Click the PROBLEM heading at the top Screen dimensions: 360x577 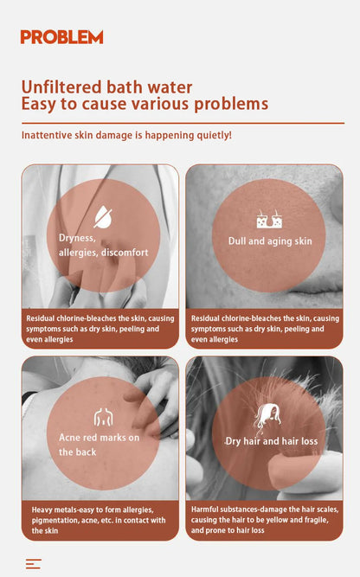[61, 37]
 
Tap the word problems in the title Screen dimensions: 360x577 [231, 104]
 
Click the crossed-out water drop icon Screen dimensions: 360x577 [103, 217]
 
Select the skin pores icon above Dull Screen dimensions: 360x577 [269, 219]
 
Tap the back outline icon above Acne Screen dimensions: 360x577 [104, 417]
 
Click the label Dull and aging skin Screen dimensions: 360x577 [270, 241]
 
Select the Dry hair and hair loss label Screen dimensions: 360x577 [271, 441]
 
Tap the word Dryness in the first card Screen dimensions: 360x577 [77, 238]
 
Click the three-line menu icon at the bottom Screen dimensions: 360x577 [34, 564]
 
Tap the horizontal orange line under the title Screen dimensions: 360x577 [183, 124]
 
